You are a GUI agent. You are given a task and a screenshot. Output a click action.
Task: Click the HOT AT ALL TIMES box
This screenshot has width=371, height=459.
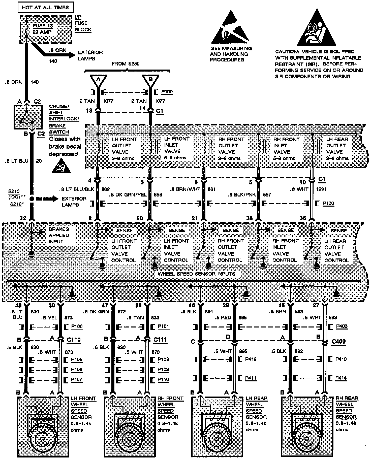click(45, 7)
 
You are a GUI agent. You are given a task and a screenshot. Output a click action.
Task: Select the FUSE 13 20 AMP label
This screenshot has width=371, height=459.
click(43, 29)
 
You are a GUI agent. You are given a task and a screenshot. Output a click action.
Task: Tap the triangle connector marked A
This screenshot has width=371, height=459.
click(98, 80)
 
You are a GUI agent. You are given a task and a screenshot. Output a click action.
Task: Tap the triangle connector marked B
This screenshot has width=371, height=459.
click(150, 80)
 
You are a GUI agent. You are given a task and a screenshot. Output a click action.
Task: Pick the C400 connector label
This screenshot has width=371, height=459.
click(338, 342)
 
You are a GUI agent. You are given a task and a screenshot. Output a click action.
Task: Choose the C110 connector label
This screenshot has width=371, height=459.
click(74, 339)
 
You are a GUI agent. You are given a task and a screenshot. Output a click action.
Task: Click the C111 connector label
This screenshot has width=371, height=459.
click(160, 339)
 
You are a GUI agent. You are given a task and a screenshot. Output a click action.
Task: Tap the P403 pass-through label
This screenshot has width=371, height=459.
click(342, 326)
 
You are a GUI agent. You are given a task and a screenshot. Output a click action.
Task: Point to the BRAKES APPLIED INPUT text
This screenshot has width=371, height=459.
click(59, 235)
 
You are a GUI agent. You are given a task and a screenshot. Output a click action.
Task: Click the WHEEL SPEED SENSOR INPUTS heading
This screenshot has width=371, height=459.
click(196, 274)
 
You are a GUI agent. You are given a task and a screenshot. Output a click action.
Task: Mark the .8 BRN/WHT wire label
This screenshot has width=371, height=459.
click(185, 189)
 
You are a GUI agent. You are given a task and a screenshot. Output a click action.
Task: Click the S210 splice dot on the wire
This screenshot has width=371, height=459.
click(32, 199)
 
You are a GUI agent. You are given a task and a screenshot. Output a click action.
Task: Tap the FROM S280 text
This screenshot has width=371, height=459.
click(125, 64)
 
